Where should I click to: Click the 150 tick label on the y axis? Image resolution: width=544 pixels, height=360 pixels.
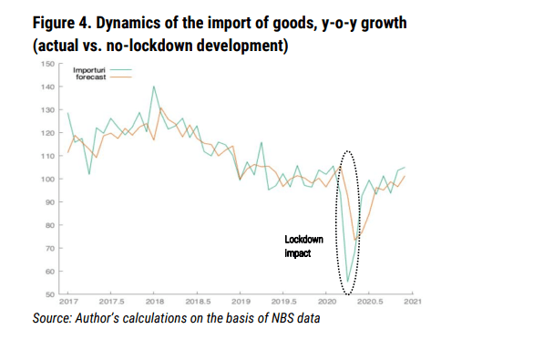point(47,64)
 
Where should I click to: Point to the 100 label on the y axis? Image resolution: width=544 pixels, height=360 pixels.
point(47,180)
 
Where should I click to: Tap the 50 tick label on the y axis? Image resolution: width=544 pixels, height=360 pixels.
point(49,294)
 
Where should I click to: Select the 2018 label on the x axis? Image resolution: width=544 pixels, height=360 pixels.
point(154,302)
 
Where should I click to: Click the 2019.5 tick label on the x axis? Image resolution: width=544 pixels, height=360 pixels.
point(284,302)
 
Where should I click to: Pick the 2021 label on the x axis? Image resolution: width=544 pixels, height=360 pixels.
point(413,302)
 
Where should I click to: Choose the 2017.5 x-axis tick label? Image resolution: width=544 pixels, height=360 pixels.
point(111,302)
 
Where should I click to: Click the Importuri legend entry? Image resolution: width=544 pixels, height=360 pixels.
point(102,70)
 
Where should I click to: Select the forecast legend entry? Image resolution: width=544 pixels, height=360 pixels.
point(104,77)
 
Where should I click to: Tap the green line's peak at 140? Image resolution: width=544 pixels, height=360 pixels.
point(154,87)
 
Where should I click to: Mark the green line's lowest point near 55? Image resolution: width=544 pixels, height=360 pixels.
point(347,282)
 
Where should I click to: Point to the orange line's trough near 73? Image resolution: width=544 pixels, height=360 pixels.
point(354,240)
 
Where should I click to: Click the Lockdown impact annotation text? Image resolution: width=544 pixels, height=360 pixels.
point(304,246)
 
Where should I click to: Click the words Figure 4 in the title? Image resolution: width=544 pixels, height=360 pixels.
point(62,24)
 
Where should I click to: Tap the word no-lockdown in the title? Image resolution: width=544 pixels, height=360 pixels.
point(149,46)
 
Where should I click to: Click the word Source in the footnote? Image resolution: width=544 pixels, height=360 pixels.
point(52,318)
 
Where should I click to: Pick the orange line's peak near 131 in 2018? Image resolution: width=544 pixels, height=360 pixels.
point(160,108)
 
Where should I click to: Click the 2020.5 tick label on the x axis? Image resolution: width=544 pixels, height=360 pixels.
point(370,302)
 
